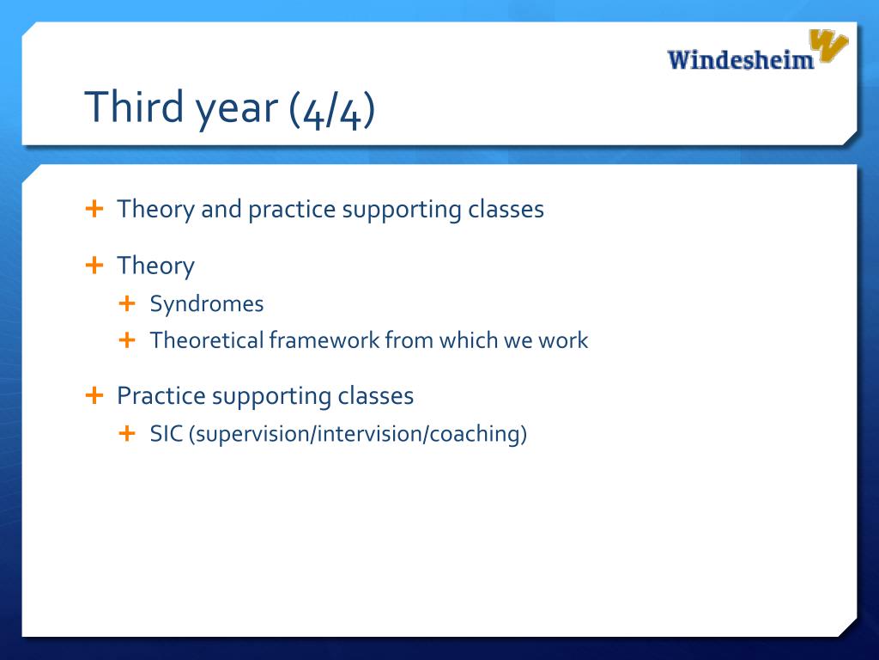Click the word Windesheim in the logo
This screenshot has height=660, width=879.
coord(740,59)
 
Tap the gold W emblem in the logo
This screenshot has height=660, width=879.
coord(828,45)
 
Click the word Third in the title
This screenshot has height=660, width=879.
coord(134,106)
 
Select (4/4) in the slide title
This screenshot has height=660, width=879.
coord(332,109)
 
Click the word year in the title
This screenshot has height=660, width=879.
coord(237,110)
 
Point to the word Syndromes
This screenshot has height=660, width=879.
coord(206,304)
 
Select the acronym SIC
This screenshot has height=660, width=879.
coord(166,434)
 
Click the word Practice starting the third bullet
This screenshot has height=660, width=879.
coord(161,395)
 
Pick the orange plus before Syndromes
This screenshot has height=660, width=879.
coord(127,303)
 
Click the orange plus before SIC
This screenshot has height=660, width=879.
coord(127,433)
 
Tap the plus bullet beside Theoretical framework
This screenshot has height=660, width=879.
coord(127,339)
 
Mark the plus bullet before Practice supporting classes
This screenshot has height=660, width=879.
coord(94,395)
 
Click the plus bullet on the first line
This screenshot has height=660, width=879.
coord(94,209)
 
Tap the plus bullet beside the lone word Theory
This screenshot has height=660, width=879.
coord(94,265)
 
